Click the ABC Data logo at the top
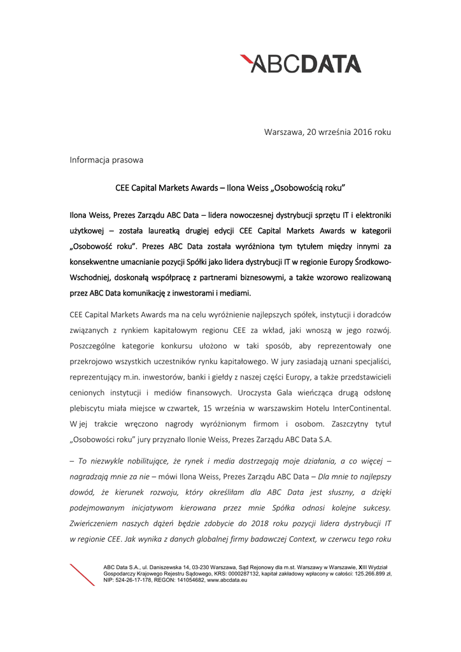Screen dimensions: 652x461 pyautogui.click(x=301, y=64)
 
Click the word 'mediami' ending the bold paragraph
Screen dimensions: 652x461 pyautogui.click(x=236, y=294)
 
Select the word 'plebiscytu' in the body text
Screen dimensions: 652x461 pyautogui.click(x=89, y=406)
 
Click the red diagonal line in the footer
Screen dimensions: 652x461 pyautogui.click(x=82, y=574)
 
